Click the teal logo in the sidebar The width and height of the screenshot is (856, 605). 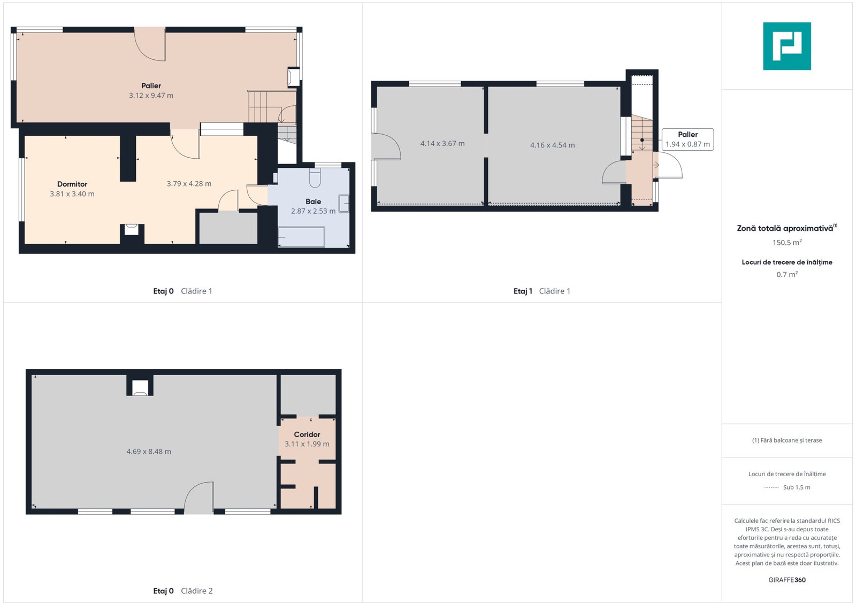(x=787, y=46)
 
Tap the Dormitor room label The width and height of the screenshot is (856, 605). (x=72, y=184)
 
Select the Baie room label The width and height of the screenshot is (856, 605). (x=313, y=201)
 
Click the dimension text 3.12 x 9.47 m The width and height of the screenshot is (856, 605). (x=151, y=96)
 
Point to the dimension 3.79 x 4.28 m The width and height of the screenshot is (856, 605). (x=189, y=184)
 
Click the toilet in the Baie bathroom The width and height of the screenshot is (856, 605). (x=315, y=178)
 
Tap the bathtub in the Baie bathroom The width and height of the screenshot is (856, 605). (x=302, y=237)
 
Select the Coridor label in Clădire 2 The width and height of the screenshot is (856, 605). (x=307, y=435)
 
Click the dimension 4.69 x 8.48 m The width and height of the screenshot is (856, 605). (x=149, y=452)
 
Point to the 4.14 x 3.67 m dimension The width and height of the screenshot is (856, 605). (x=442, y=144)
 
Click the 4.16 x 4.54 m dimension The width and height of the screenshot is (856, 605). (x=552, y=145)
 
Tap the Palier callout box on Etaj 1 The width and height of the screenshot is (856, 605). (x=687, y=139)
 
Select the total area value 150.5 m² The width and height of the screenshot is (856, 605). (x=787, y=243)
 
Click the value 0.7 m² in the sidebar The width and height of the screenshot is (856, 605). (x=787, y=275)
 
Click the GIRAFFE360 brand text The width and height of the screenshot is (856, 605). (x=787, y=580)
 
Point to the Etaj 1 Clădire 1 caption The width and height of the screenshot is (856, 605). (x=541, y=291)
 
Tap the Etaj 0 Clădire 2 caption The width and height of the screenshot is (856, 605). (x=182, y=591)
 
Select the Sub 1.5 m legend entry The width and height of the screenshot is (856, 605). (x=787, y=487)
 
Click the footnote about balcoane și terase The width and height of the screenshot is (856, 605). (x=787, y=440)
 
